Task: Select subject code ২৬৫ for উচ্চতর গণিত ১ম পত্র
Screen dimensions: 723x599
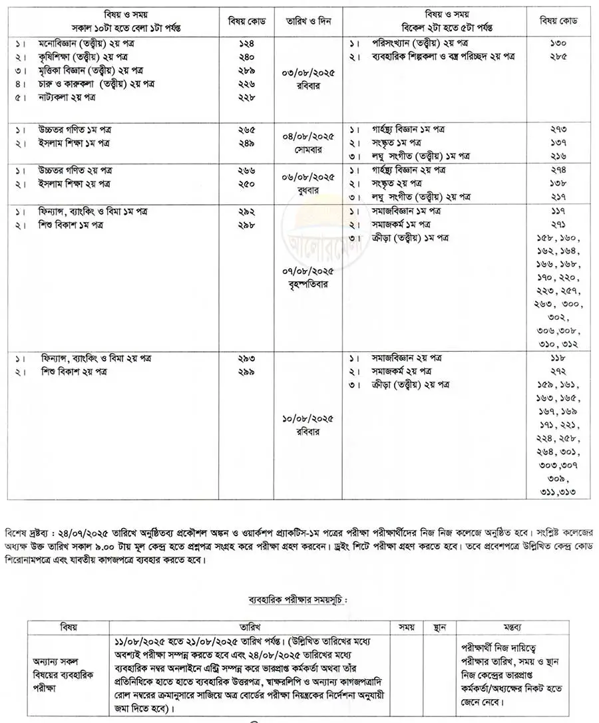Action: pos(246,130)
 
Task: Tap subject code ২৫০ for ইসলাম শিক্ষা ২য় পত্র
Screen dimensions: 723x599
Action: pos(246,183)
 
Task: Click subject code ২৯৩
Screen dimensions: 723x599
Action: pos(246,358)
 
